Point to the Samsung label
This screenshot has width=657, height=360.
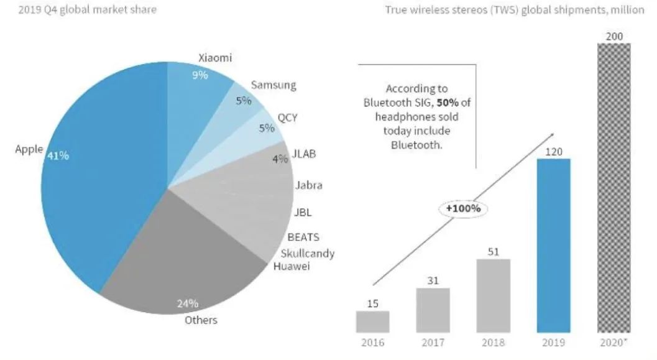click(x=273, y=85)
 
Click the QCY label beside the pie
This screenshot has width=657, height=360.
click(x=287, y=117)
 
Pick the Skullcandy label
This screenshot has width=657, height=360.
click(x=308, y=253)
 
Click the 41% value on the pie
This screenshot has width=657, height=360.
click(x=58, y=156)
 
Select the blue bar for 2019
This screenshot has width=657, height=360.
click(x=553, y=246)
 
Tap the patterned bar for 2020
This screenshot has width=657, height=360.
click(x=613, y=187)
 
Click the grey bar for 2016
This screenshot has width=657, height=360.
click(x=372, y=321)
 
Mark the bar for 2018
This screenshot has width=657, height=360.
click(x=493, y=295)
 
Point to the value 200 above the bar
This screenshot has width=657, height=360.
click(x=613, y=37)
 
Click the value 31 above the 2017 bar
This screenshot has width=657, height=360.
click(x=433, y=280)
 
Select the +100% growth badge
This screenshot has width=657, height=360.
click(x=464, y=208)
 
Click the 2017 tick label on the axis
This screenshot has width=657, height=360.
click(x=433, y=343)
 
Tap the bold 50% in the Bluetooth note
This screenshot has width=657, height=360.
click(x=426, y=103)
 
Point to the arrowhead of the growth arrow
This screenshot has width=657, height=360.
click(x=552, y=135)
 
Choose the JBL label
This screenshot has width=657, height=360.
click(x=302, y=212)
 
